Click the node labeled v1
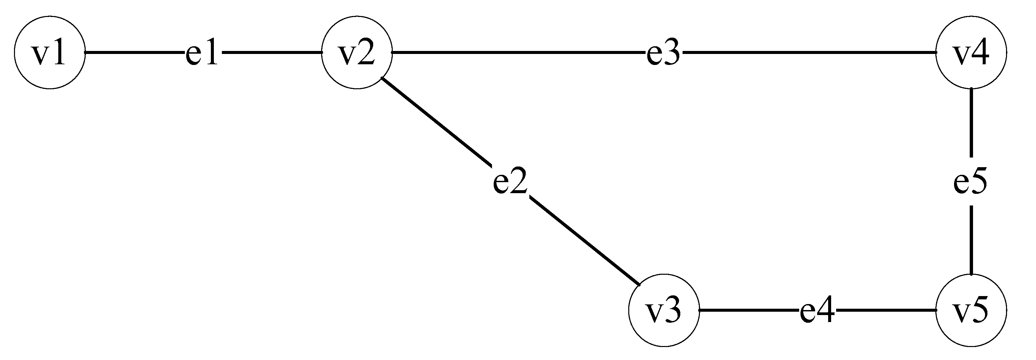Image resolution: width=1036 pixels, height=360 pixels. pos(50,53)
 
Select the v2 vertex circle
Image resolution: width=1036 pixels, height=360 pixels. pos(357,53)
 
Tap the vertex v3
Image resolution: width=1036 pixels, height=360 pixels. pos(664,310)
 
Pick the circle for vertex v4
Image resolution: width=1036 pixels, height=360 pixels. pos(971,53)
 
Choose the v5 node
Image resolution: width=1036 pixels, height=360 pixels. pos(971,310)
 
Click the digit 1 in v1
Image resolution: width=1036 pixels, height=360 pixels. pos(58,53)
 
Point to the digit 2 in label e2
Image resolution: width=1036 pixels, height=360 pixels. pos(518,181)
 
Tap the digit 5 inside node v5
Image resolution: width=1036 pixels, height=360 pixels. pos(980,310)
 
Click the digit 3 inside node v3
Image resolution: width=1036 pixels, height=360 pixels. pos(673,310)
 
